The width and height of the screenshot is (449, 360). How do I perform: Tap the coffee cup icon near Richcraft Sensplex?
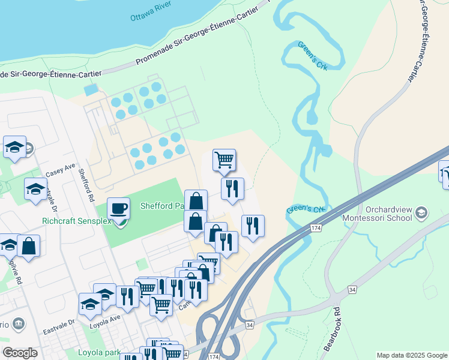pos(118,209)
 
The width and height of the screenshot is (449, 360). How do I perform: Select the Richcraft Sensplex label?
pos(75,221)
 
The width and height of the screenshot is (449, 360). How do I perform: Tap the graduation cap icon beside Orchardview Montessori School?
pos(422,212)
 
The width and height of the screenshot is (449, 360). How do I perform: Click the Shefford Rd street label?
pos(86,185)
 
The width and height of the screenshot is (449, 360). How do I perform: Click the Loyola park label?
pos(99,352)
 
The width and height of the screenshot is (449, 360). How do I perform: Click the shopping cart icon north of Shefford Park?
pos(224,160)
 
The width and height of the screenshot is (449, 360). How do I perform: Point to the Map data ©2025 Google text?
pos(411,355)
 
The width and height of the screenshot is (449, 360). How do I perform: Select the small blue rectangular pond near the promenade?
pos(91,90)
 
